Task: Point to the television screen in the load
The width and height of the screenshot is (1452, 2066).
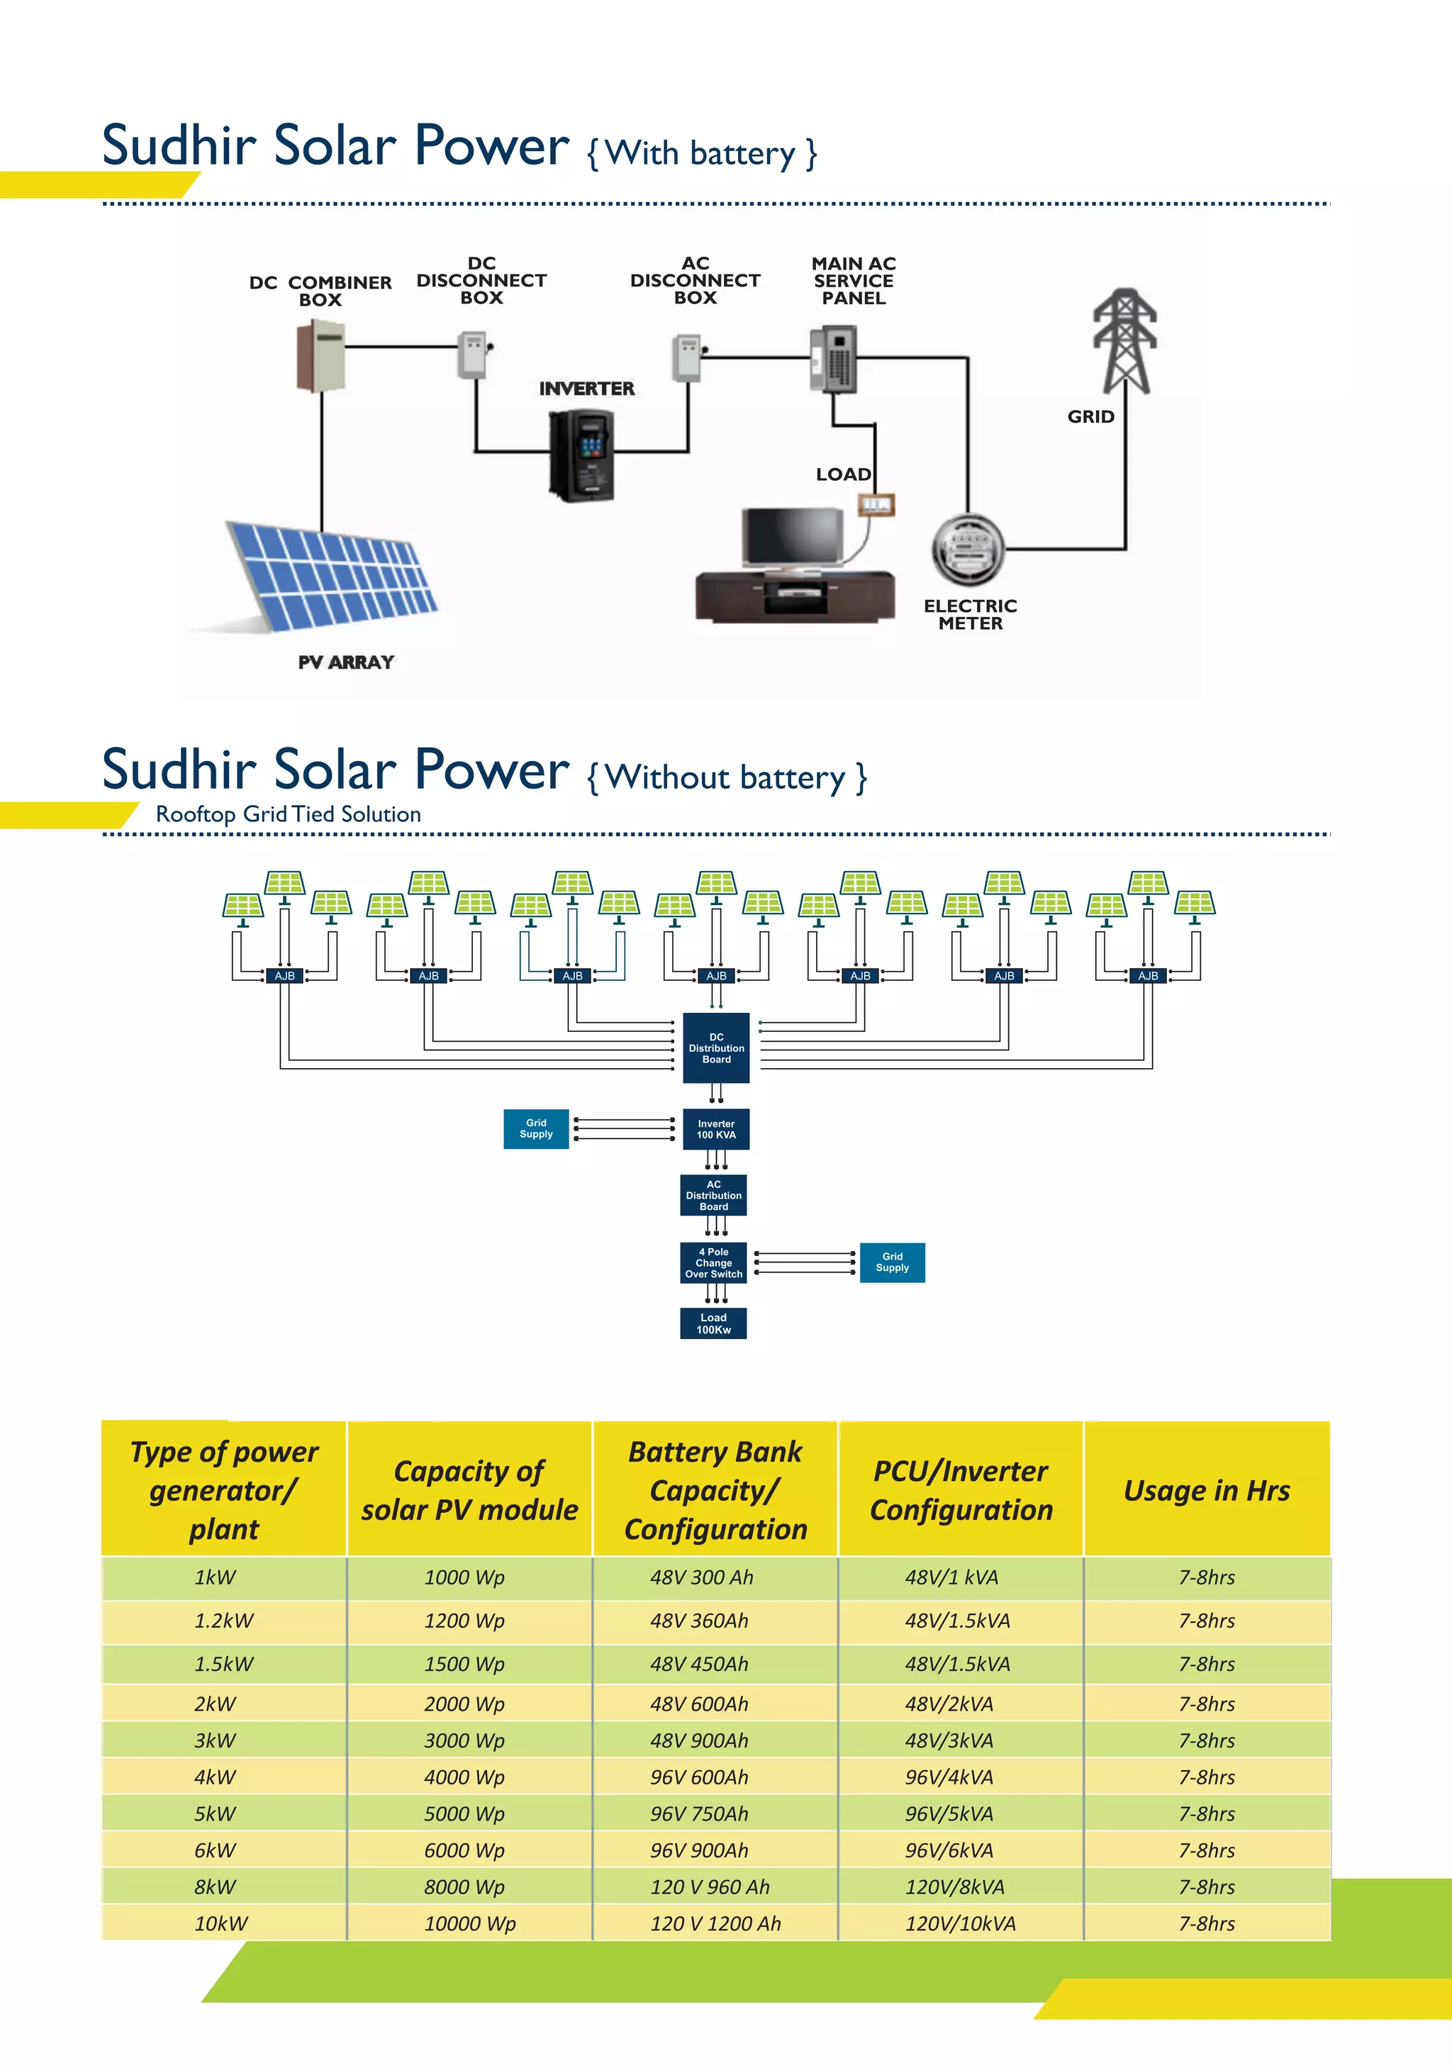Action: click(x=793, y=536)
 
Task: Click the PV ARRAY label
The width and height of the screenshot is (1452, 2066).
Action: click(x=347, y=662)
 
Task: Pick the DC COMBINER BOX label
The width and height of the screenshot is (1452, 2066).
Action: click(x=320, y=291)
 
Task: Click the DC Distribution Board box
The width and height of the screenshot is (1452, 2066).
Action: click(x=716, y=1048)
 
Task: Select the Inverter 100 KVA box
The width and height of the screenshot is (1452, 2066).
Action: click(x=716, y=1129)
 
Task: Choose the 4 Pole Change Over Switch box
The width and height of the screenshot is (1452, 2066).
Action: click(x=713, y=1262)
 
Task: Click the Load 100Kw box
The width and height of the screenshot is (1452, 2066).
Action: click(x=713, y=1323)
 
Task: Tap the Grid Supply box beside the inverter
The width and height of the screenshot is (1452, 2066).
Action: click(x=536, y=1128)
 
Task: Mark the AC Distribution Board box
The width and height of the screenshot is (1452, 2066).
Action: click(x=713, y=1195)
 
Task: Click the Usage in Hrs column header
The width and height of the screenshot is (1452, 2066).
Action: click(x=1207, y=1490)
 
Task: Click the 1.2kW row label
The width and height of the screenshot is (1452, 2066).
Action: click(x=224, y=1620)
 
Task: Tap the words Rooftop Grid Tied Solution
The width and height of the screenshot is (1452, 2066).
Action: click(x=288, y=813)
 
